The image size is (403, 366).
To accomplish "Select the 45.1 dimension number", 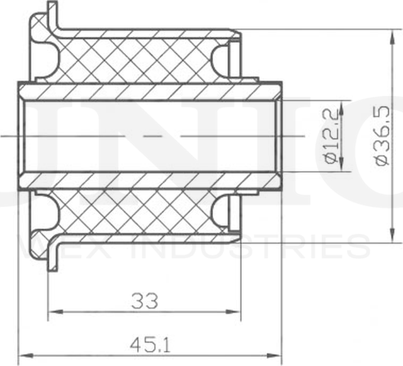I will (x=149, y=345).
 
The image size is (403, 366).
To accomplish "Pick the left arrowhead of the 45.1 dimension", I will (x=23, y=355).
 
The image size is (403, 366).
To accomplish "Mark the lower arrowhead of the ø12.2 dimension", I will (x=341, y=167).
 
